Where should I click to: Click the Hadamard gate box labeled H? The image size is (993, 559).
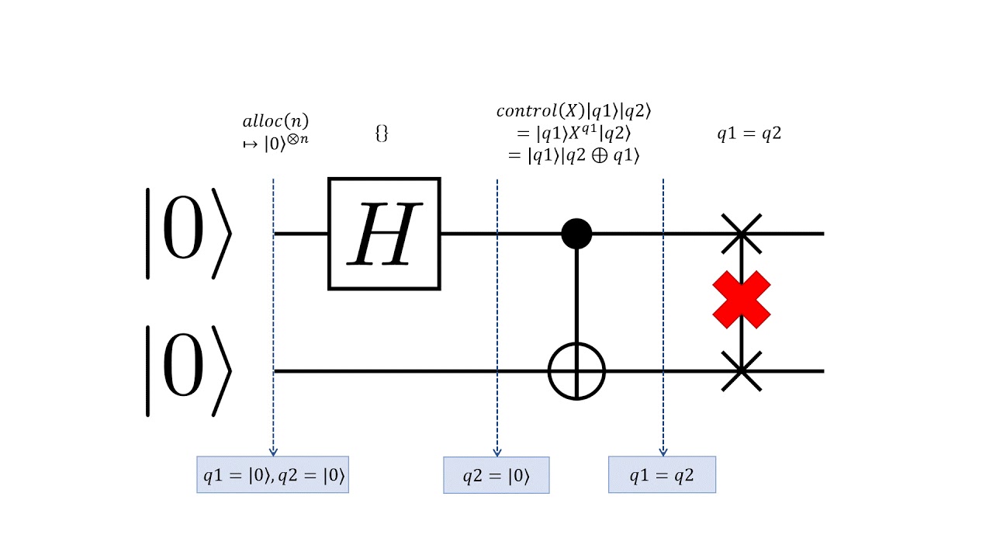384,234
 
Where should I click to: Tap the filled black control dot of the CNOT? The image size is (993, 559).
576,233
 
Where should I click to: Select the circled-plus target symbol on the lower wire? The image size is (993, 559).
576,371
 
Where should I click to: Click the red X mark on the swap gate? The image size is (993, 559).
742,300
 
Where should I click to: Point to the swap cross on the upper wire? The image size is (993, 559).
742,233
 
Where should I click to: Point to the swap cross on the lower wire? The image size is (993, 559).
742,371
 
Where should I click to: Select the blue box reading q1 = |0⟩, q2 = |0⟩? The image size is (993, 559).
272,475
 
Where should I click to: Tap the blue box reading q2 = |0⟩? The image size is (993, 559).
496,475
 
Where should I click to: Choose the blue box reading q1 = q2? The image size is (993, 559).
662,475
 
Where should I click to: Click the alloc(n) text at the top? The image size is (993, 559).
275,121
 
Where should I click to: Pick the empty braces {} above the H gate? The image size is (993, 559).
381,133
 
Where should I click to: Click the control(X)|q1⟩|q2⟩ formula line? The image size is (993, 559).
573,111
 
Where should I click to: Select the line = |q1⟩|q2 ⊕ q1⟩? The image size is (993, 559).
573,155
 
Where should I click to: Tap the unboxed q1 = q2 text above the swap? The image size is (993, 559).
749,133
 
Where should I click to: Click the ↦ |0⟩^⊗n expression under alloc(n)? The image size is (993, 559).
275,143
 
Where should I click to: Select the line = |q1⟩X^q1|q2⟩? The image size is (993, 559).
573,133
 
